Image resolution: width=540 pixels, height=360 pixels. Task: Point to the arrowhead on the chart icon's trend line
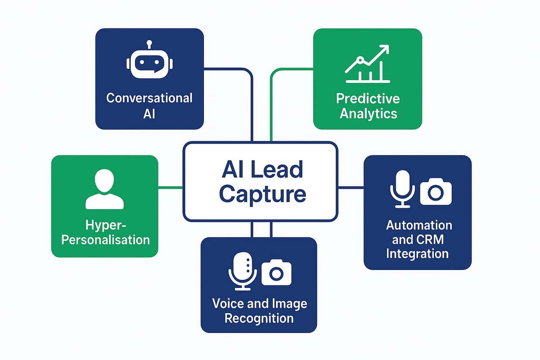coord(385,49)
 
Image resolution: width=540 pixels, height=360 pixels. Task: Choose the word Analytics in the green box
coord(368,113)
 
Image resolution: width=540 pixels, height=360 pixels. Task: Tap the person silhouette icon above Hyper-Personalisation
coord(104,189)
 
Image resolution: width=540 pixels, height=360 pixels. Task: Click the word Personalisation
coord(105,239)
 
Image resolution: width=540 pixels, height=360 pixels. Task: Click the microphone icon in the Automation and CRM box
coord(402,189)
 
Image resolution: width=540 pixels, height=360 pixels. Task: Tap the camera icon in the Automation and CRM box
coord(435,191)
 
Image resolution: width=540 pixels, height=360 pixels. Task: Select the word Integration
coord(417,253)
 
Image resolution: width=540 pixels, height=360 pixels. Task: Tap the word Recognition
coord(259,319)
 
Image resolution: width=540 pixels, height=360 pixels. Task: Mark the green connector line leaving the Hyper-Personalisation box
coord(171,188)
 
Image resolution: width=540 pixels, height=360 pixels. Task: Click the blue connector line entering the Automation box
coord(351,188)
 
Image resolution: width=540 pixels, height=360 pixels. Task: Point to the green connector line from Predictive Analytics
coord(271,103)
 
